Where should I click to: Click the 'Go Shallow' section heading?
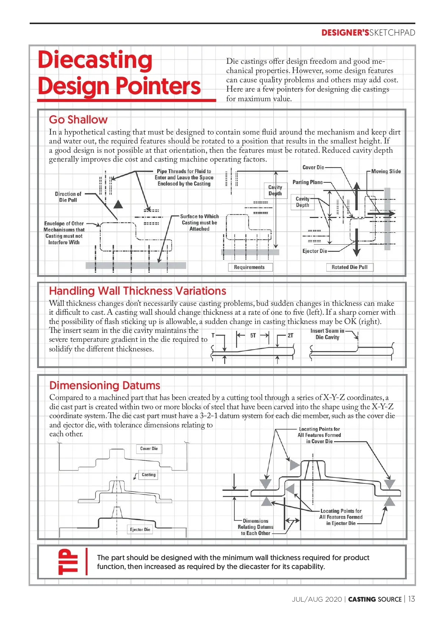78,120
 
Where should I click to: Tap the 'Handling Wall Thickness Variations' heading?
138,291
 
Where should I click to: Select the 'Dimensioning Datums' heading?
105,386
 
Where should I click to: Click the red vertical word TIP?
68,562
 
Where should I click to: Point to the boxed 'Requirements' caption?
249,267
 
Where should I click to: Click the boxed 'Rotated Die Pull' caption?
349,267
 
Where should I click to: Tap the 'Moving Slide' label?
386,172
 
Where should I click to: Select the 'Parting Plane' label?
307,182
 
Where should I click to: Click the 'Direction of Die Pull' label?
68,197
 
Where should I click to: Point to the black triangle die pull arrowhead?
118,204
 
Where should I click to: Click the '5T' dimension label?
253,335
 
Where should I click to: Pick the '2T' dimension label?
290,335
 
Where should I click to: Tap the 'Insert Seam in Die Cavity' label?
327,334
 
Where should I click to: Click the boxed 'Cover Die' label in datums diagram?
149,449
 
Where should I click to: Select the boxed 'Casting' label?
149,474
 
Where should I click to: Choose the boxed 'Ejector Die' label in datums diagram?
140,530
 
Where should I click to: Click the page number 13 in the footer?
412,599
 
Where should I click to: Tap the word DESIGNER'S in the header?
345,33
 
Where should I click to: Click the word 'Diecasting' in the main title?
95,60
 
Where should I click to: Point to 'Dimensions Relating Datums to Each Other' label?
256,527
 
